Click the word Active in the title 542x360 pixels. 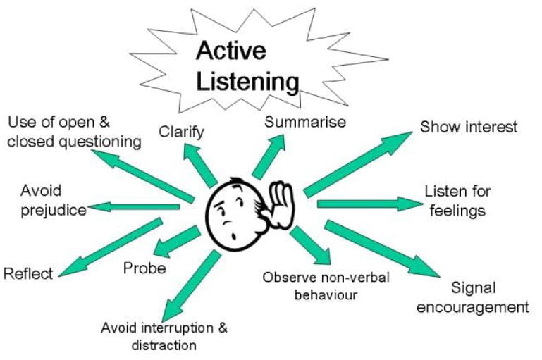232,51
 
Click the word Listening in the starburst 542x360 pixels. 247,81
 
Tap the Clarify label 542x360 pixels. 182,131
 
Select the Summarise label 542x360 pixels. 305,121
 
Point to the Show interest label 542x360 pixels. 469,127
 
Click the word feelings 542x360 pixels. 457,210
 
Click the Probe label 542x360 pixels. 144,268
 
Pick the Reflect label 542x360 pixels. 28,273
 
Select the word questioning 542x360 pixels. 102,142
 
